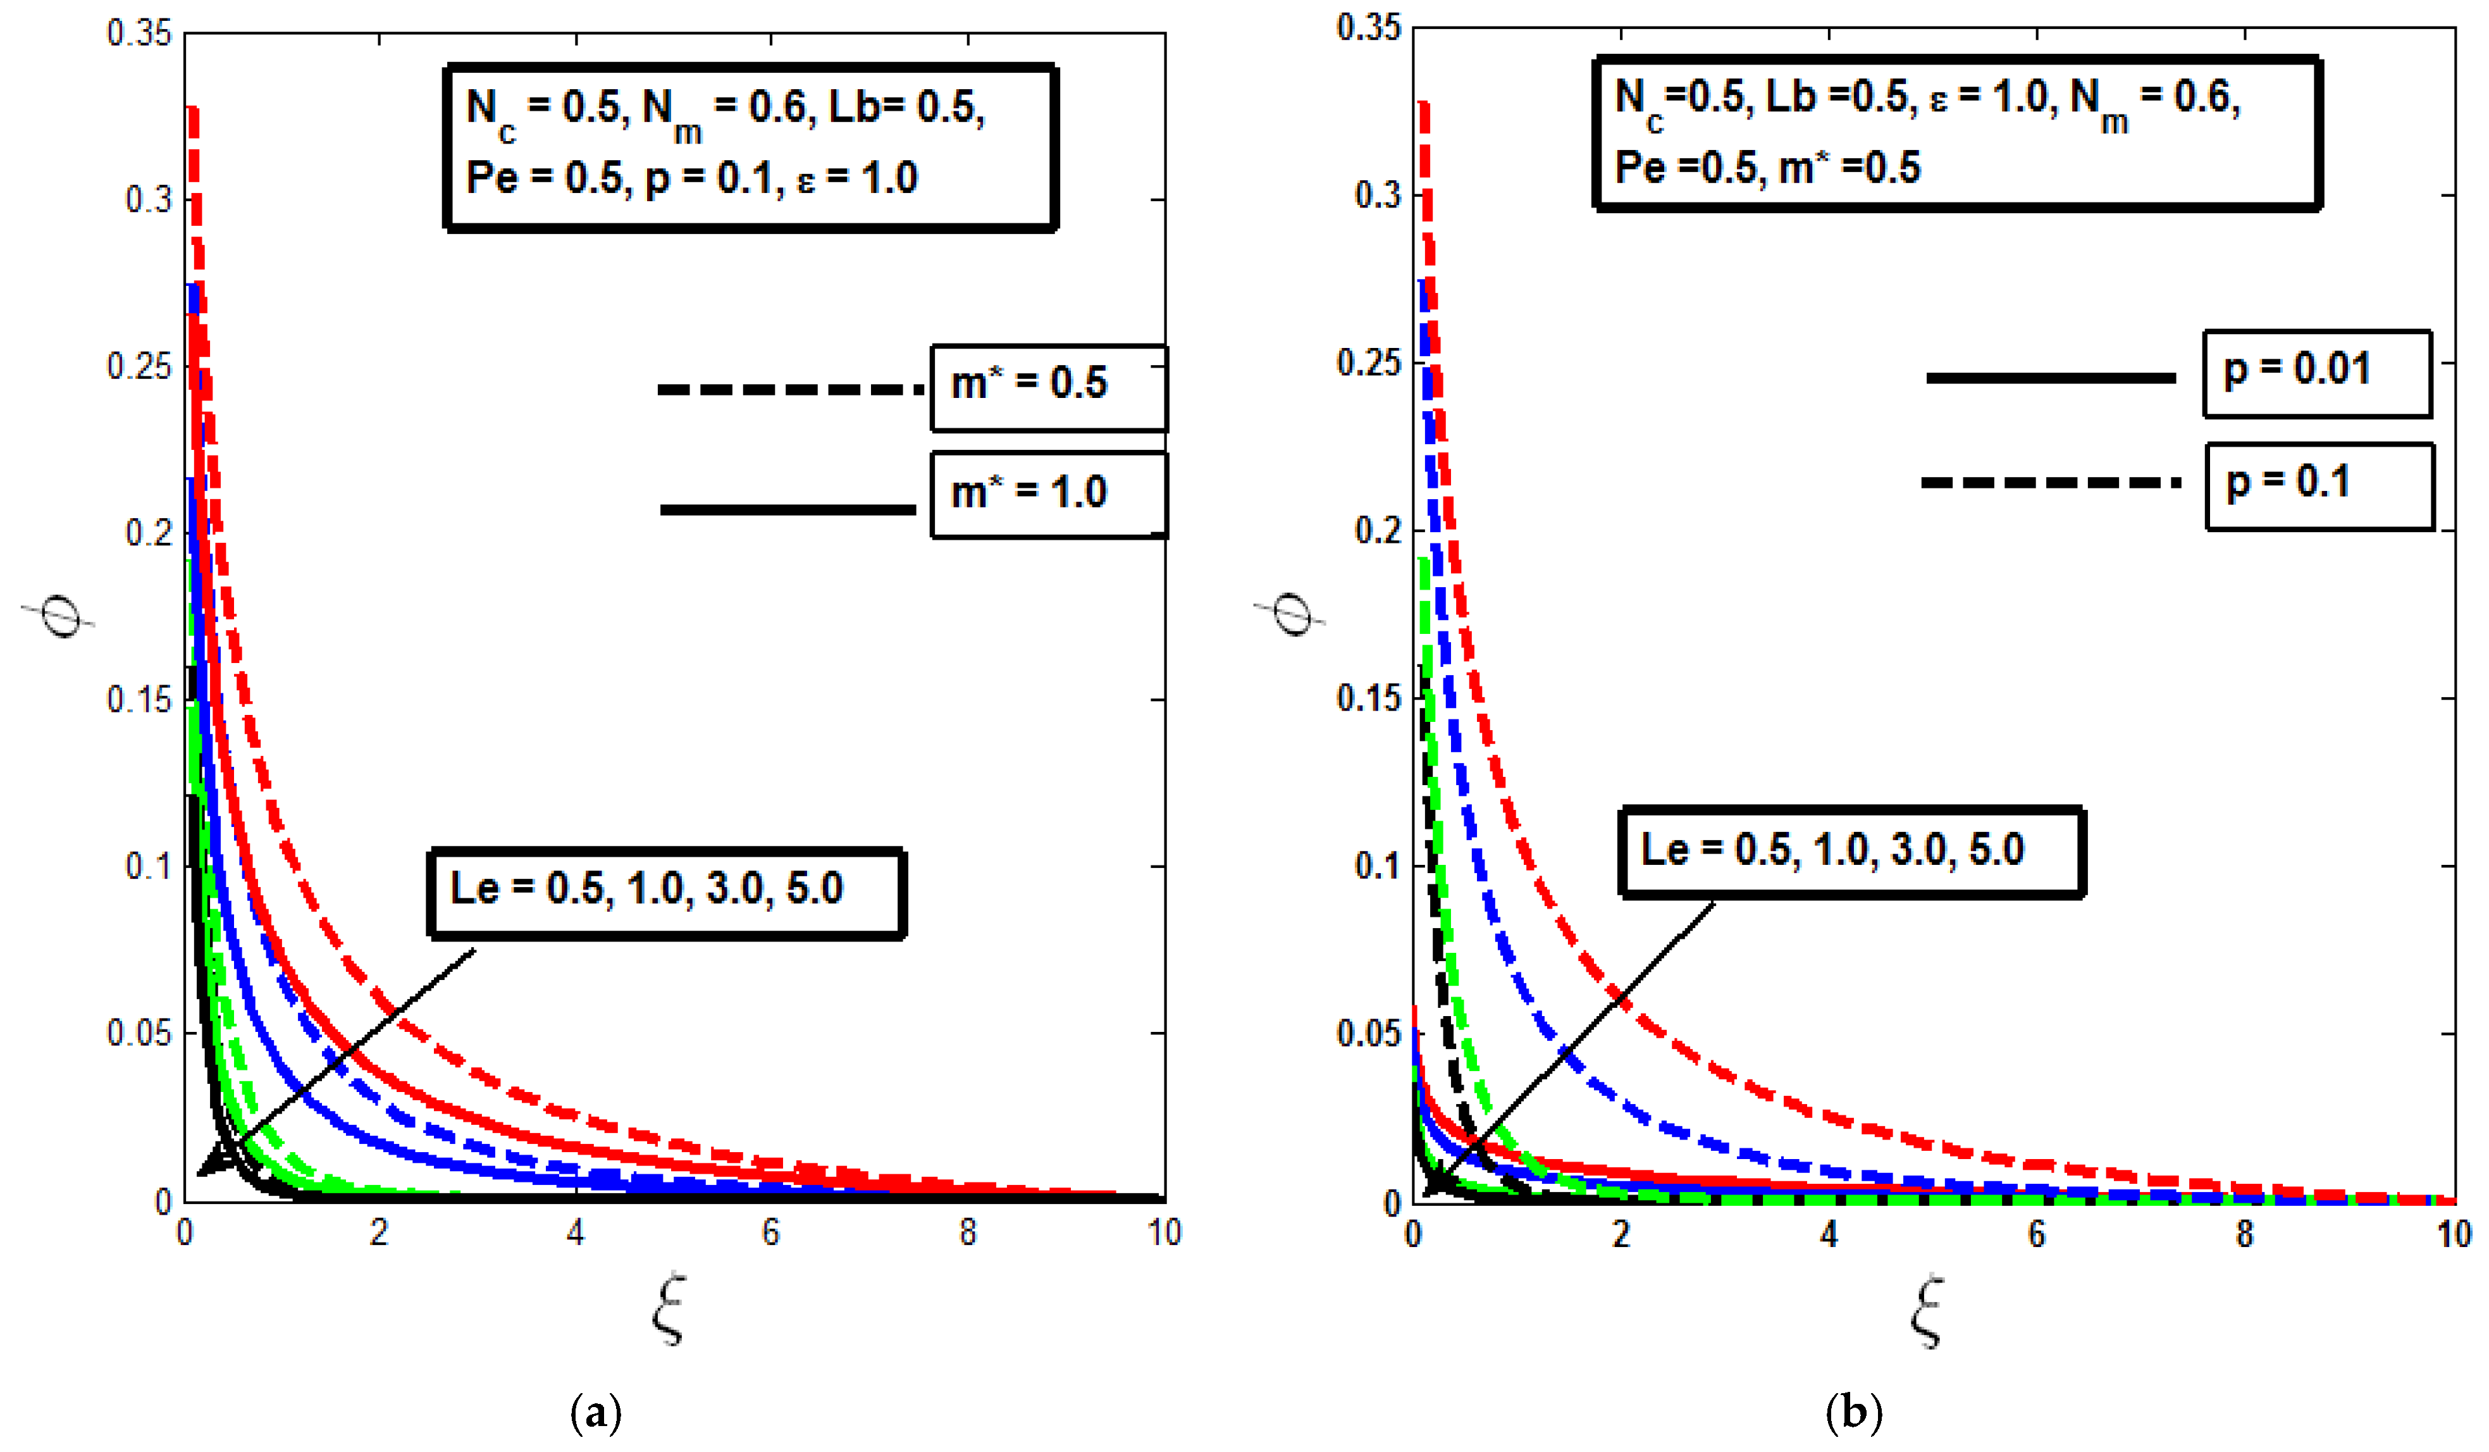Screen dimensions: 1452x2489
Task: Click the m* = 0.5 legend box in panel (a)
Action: click(1048, 387)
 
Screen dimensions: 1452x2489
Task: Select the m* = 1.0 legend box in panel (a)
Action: click(1048, 495)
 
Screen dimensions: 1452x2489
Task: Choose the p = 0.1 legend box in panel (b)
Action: click(2319, 486)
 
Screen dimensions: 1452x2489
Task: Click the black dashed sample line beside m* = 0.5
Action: click(790, 390)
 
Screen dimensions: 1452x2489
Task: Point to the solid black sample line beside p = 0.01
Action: click(2051, 377)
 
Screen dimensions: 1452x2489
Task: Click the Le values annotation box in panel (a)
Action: click(667, 892)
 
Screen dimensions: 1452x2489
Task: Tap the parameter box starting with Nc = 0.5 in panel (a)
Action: click(751, 147)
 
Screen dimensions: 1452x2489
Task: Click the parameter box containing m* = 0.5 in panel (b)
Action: click(1956, 134)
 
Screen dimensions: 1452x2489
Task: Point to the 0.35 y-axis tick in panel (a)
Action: click(139, 34)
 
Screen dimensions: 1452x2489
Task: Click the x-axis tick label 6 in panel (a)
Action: click(770, 1232)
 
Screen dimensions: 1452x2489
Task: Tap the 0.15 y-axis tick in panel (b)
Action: click(1368, 698)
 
